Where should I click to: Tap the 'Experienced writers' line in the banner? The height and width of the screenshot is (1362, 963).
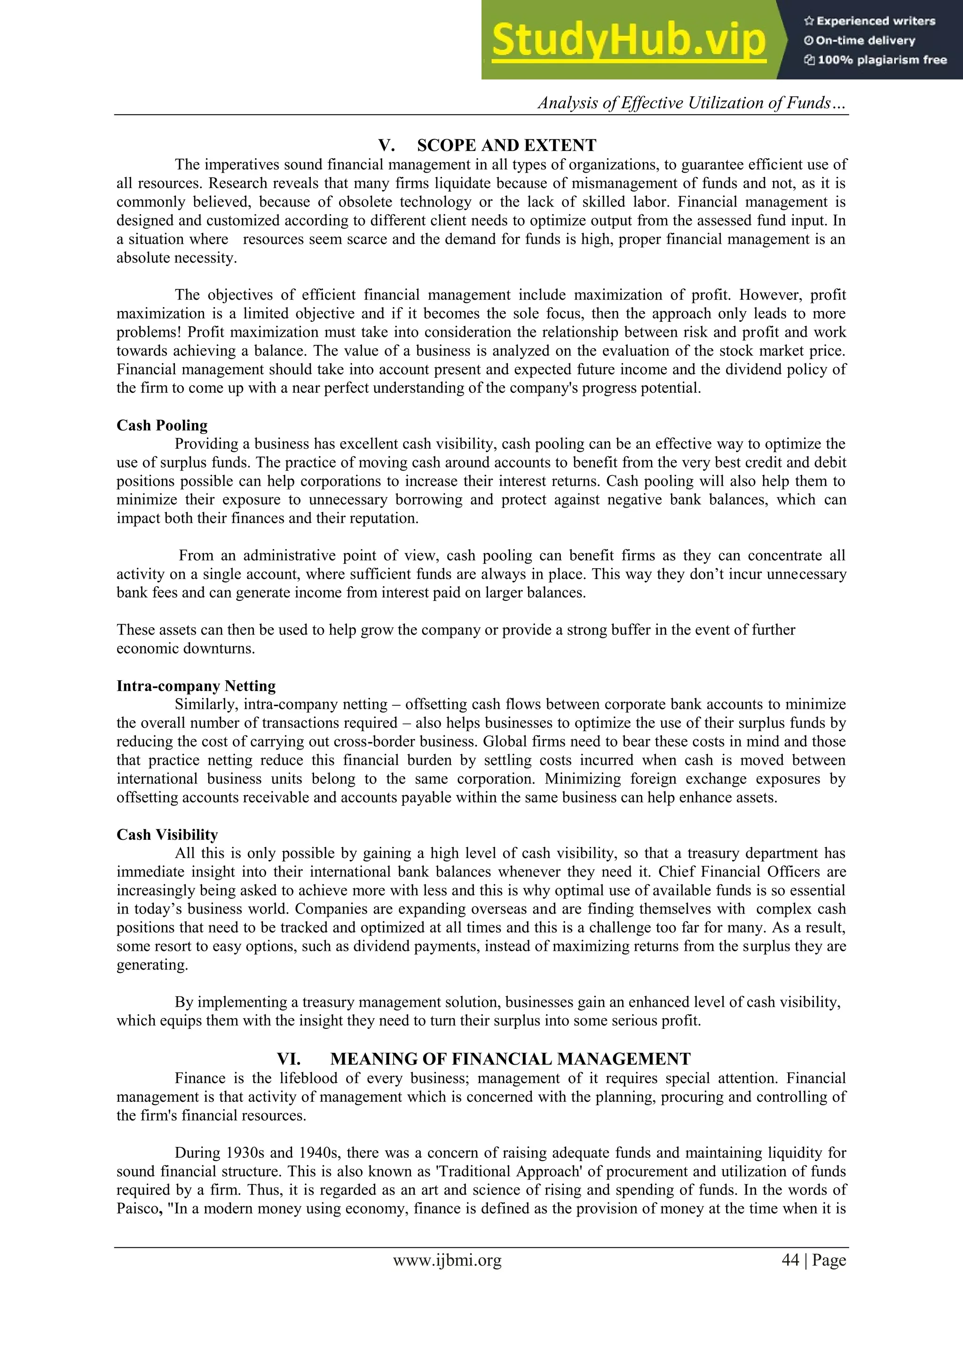[x=869, y=21]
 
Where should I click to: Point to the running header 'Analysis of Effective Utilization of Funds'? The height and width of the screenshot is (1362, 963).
[x=691, y=103]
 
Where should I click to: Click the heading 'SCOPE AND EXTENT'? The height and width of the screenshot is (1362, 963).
[x=506, y=145]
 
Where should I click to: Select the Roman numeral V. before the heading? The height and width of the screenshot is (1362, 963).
[x=387, y=145]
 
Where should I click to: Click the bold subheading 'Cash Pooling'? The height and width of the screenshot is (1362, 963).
[x=162, y=425]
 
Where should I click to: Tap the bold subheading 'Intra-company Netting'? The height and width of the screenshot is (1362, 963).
[x=196, y=686]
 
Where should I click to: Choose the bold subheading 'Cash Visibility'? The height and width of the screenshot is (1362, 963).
[x=167, y=835]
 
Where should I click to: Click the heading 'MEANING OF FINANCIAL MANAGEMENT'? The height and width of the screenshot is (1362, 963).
[x=510, y=1059]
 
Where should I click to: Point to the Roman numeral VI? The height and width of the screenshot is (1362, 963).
[x=289, y=1059]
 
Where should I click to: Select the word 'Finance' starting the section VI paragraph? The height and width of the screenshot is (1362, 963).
[x=200, y=1078]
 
